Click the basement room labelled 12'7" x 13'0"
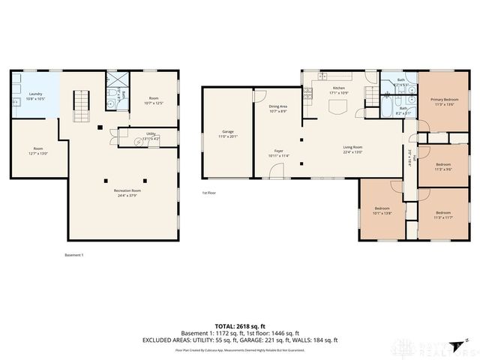pos(37,151)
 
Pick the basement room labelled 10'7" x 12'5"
pos(154,100)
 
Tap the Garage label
pos(227,134)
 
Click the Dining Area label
pos(277,109)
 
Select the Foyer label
pos(278,153)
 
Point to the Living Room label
pos(352,149)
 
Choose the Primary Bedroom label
pos(444,101)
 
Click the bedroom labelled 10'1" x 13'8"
pos(383,211)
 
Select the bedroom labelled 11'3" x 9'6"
pos(443,166)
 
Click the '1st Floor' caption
pos(209,193)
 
